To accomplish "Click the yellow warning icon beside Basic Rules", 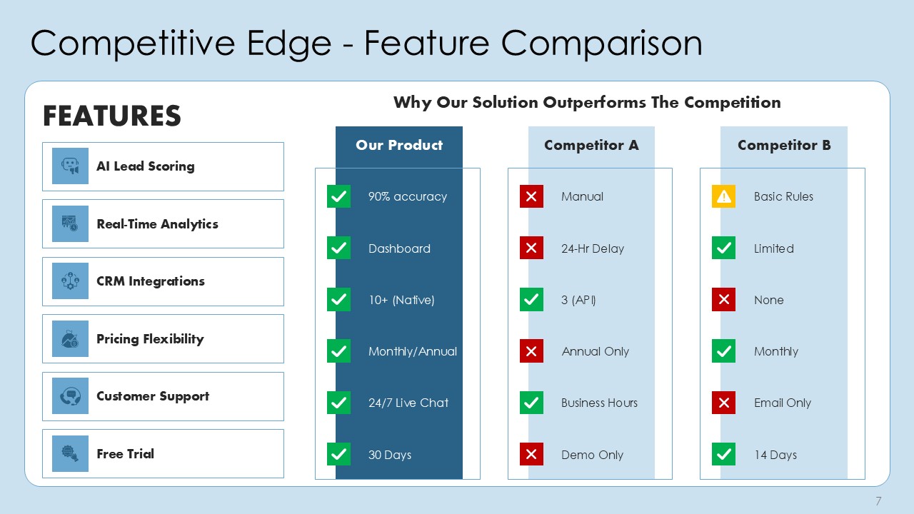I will tap(723, 196).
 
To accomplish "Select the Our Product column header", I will tap(399, 145).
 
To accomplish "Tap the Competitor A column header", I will tap(591, 145).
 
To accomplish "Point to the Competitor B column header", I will tap(783, 145).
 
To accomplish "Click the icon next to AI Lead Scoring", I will tap(70, 166).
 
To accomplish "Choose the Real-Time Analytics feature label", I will tap(157, 224).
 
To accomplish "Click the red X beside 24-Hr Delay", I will tap(531, 248).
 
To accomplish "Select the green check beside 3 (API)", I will tap(531, 300).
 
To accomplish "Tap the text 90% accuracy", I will tap(407, 196).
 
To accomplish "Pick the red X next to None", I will tap(723, 300).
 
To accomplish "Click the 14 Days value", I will tap(775, 455).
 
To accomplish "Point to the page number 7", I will tap(878, 501).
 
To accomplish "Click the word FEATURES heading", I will tap(112, 116).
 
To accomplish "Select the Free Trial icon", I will tap(70, 454).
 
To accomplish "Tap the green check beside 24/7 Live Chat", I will tap(338, 403).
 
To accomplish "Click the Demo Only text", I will tap(592, 455).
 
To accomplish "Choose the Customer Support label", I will tap(153, 396).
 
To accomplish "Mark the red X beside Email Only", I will tap(723, 403).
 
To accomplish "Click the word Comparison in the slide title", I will tap(601, 43).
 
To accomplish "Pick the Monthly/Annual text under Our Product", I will tap(412, 351).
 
